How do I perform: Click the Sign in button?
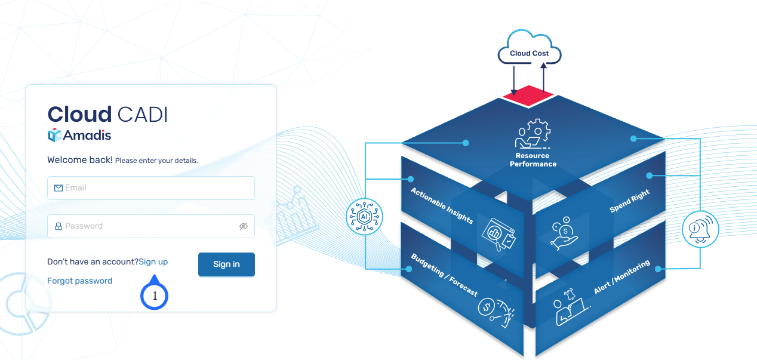[226, 264]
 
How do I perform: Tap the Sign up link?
[153, 261]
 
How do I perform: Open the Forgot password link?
[79, 281]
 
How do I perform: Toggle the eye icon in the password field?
[243, 226]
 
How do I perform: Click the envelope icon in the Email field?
[59, 188]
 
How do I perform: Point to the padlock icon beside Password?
[59, 226]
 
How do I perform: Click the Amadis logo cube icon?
[54, 136]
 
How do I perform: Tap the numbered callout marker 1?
[155, 296]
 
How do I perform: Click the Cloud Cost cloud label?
[530, 53]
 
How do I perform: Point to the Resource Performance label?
[533, 160]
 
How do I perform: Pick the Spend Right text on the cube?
[629, 202]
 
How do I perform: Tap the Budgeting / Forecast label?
[444, 275]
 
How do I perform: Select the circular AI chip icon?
[364, 216]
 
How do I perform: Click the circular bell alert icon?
[700, 229]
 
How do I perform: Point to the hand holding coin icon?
[564, 234]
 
